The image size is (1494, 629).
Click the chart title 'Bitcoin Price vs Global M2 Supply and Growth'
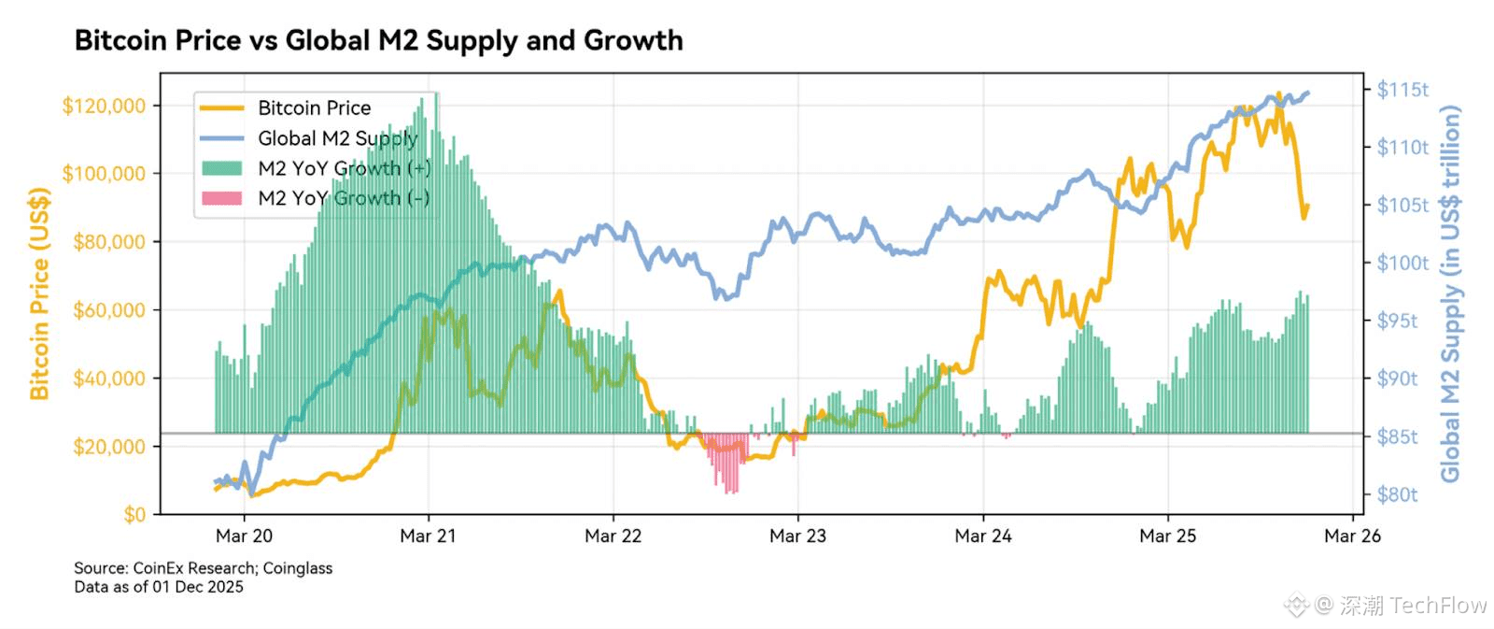pyautogui.click(x=378, y=40)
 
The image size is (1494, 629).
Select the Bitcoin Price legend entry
pyautogui.click(x=314, y=108)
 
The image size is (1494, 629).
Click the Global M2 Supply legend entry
pyautogui.click(x=337, y=138)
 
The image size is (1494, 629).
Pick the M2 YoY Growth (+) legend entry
pyautogui.click(x=344, y=168)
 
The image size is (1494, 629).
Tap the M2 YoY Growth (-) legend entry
pyautogui.click(x=344, y=198)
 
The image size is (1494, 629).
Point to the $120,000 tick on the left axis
pyautogui.click(x=105, y=106)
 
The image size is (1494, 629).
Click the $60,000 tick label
pyautogui.click(x=109, y=310)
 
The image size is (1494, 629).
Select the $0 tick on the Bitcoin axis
pyautogui.click(x=134, y=514)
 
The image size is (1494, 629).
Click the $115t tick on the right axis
pyautogui.click(x=1402, y=90)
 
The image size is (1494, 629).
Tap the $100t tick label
pyautogui.click(x=1402, y=263)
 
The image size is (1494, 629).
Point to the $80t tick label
pyautogui.click(x=1397, y=494)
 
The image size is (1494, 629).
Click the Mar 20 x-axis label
pyautogui.click(x=244, y=536)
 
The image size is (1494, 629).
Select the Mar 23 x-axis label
pyautogui.click(x=797, y=536)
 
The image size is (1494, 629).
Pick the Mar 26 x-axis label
pyautogui.click(x=1352, y=536)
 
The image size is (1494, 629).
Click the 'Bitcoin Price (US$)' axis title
pyautogui.click(x=39, y=293)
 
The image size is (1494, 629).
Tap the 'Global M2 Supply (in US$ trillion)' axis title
pyautogui.click(x=1450, y=293)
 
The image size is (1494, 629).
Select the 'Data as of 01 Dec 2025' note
pyautogui.click(x=159, y=587)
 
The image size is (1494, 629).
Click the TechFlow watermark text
pyautogui.click(x=1413, y=606)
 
